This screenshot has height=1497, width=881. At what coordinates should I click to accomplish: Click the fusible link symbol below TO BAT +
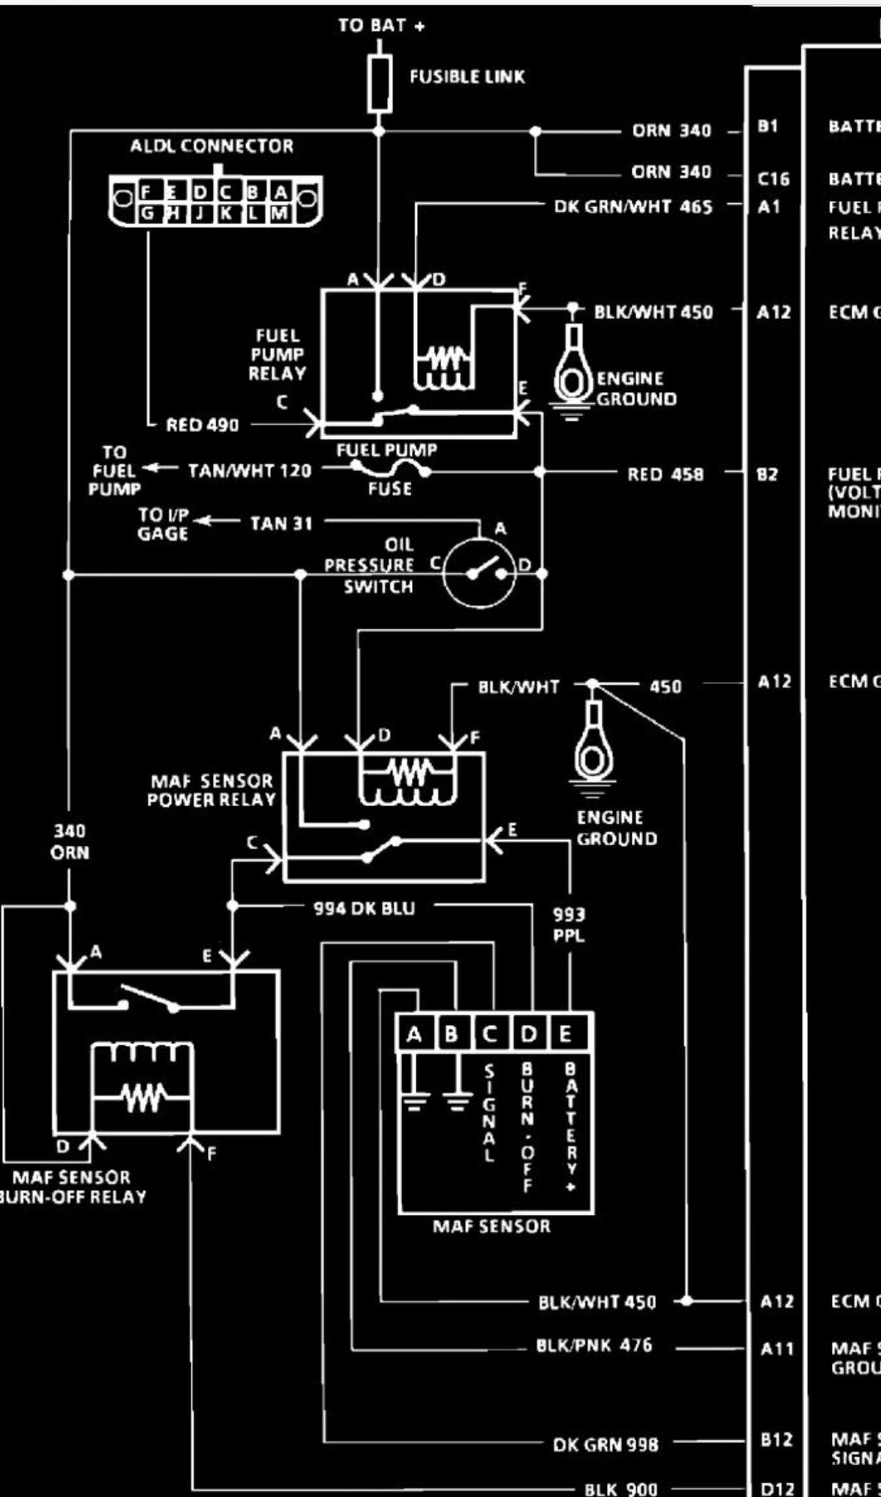[380, 83]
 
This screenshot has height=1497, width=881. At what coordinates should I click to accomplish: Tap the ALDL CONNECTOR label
[212, 146]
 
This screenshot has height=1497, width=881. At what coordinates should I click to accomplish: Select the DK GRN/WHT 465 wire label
[633, 206]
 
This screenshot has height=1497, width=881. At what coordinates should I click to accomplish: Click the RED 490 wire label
[202, 425]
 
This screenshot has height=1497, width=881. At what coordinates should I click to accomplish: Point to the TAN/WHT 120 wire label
[249, 471]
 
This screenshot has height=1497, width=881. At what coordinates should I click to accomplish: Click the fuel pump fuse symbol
[390, 470]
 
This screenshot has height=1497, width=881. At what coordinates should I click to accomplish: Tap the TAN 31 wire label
[281, 523]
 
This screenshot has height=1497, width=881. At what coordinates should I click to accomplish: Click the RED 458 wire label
[666, 474]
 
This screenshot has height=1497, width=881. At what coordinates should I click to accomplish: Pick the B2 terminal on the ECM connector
[768, 474]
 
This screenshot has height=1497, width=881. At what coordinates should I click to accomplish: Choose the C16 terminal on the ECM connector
[773, 179]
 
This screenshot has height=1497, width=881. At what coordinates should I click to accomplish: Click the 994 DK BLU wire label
[364, 908]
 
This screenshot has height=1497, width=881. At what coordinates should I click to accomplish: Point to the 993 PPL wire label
[569, 926]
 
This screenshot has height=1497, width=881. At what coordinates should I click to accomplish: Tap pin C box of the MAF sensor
[490, 1034]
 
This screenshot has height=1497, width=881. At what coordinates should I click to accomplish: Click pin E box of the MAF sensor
[565, 1034]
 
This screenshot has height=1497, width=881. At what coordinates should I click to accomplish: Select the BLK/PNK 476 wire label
[594, 1345]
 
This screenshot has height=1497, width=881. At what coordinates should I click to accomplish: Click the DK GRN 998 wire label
[605, 1444]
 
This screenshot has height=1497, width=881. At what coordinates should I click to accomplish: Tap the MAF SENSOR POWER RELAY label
[212, 790]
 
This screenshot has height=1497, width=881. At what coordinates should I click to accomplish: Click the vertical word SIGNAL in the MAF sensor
[489, 1114]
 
